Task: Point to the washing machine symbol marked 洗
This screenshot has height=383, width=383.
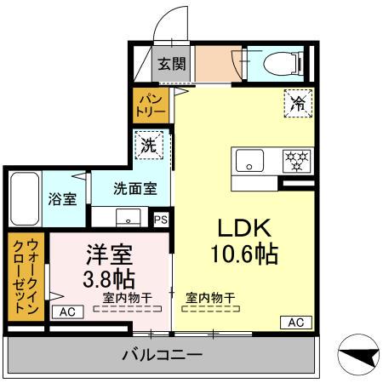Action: (148, 146)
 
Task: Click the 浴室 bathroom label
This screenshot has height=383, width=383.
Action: (61, 200)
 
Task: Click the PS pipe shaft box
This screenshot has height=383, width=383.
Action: (161, 218)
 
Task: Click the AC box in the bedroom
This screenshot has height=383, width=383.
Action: (68, 312)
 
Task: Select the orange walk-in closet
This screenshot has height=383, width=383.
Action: (25, 276)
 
